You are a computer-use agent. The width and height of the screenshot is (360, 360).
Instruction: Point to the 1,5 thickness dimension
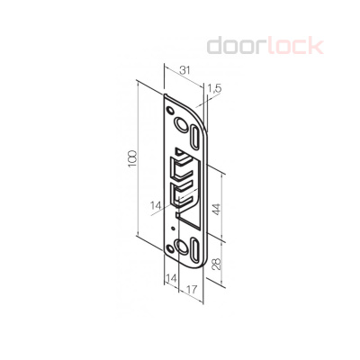[x=213, y=88]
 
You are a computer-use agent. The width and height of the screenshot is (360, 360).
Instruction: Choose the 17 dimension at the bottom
[x=190, y=291]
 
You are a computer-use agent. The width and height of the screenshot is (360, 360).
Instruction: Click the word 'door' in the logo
[x=235, y=45]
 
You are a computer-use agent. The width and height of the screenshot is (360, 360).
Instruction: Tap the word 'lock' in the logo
[x=292, y=45]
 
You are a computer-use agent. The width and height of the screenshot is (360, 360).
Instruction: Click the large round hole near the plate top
[x=180, y=120]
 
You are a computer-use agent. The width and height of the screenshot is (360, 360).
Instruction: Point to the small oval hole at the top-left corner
[x=167, y=105]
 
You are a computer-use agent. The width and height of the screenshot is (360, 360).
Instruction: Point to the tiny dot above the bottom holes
[x=173, y=228]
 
